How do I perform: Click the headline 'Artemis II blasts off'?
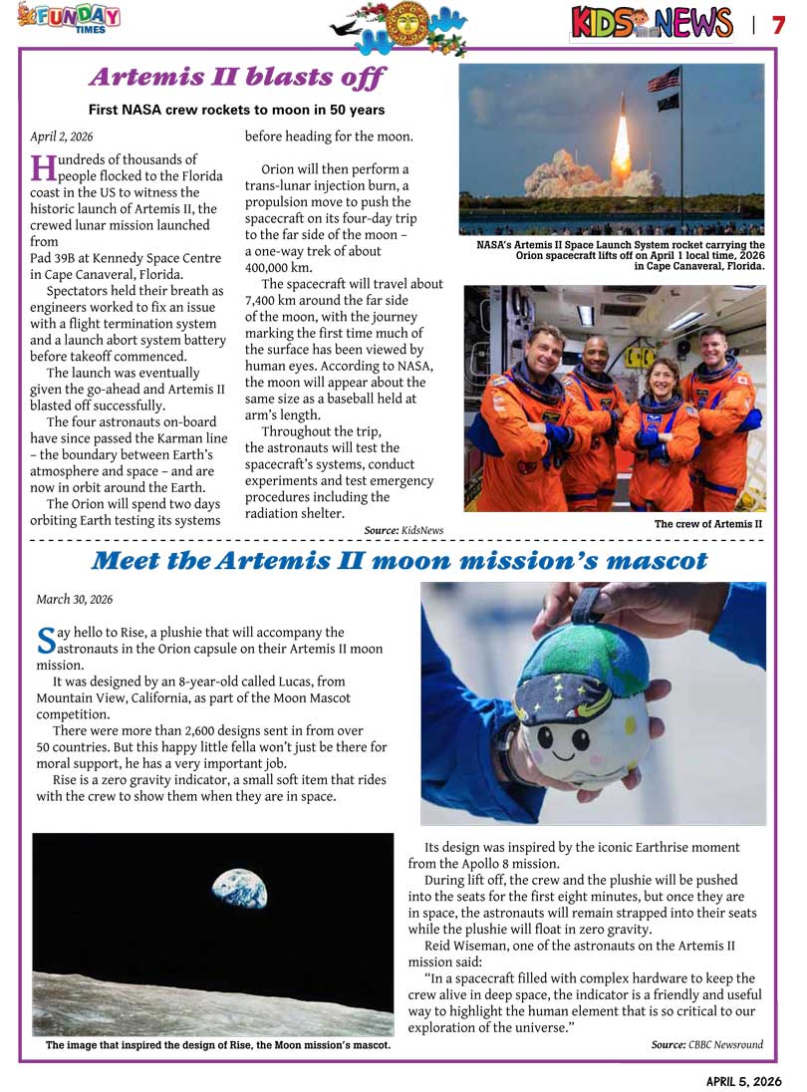coord(237,77)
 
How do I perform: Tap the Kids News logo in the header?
coord(653,23)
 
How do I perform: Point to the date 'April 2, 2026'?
coord(62,136)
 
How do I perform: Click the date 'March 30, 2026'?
coord(75,599)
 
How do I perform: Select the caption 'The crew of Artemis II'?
coord(707,524)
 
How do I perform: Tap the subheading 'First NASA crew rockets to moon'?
coord(236,110)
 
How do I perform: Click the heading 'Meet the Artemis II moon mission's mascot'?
coord(399,561)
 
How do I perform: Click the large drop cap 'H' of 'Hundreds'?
coord(42,166)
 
